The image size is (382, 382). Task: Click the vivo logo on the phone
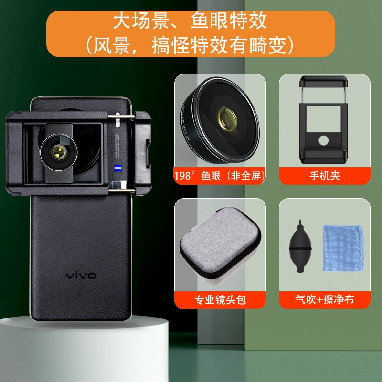click(x=81, y=276)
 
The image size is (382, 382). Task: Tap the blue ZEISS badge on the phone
click(x=118, y=168)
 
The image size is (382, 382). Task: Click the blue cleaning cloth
click(x=343, y=248)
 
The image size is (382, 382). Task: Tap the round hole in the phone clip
click(x=323, y=140)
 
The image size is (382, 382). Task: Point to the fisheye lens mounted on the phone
click(x=59, y=152)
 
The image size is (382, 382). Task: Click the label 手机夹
click(x=325, y=176)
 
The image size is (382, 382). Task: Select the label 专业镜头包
click(x=220, y=300)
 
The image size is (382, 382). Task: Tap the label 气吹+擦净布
click(x=325, y=299)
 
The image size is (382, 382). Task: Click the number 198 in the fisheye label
click(x=182, y=176)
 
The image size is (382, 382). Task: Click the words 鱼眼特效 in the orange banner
click(x=229, y=21)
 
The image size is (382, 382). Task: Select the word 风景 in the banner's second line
click(x=111, y=45)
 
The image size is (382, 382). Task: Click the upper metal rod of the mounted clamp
click(x=121, y=117)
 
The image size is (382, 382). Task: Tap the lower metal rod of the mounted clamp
click(x=122, y=191)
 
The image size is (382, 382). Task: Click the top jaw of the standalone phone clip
click(x=323, y=81)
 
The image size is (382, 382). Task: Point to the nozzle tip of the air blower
click(x=300, y=221)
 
